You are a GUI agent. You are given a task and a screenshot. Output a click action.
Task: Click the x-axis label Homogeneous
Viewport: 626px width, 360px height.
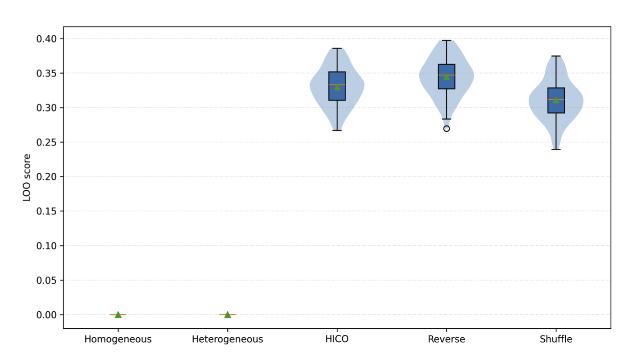[118, 339]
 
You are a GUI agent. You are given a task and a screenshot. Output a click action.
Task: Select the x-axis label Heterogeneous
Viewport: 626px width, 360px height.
[227, 339]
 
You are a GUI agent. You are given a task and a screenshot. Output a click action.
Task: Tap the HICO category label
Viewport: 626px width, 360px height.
[337, 339]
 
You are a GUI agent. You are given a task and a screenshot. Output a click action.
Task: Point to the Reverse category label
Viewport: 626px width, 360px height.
[446, 339]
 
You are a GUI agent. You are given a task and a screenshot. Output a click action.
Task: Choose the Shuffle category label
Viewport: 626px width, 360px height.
[555, 339]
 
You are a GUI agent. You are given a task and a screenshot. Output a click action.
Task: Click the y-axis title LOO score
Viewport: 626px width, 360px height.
[27, 177]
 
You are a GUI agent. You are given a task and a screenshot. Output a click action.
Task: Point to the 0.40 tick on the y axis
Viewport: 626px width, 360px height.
[47, 39]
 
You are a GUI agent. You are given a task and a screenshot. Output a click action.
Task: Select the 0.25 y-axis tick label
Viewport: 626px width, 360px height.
[47, 142]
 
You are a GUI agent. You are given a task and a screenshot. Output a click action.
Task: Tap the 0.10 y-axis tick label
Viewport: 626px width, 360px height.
[47, 246]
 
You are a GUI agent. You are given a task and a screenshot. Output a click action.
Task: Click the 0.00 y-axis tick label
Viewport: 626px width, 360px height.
[47, 315]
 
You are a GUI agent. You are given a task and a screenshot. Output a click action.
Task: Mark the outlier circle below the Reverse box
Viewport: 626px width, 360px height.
[446, 129]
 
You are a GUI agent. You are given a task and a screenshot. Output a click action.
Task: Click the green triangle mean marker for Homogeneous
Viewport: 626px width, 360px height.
[118, 314]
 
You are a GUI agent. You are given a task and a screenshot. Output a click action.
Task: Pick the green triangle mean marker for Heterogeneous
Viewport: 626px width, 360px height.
[227, 314]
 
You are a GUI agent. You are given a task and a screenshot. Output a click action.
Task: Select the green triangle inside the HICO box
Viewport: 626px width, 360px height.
[337, 87]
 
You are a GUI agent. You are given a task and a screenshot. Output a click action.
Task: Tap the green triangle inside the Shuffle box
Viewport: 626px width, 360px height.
[555, 100]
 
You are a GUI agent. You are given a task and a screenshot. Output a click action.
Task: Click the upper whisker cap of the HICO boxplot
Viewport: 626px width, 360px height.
[337, 48]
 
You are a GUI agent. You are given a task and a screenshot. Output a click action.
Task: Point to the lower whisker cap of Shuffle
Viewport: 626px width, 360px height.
[555, 149]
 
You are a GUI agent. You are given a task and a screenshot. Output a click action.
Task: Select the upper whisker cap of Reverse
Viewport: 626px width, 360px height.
[446, 41]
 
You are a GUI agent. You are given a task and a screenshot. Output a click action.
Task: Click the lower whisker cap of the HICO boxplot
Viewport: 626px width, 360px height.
[337, 130]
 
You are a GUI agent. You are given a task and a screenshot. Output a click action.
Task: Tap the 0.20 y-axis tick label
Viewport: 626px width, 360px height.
[47, 177]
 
